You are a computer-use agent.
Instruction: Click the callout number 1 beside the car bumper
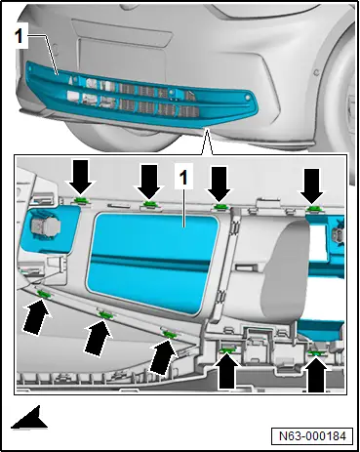pyautogui.click(x=19, y=36)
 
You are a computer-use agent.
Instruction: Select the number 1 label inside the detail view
pyautogui.click(x=183, y=178)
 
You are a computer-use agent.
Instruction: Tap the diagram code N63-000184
pyautogui.click(x=312, y=436)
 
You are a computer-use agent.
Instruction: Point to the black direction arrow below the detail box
pyautogui.click(x=30, y=418)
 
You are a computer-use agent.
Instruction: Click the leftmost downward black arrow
pyautogui.click(x=81, y=177)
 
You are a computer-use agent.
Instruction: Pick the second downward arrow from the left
pyautogui.click(x=149, y=182)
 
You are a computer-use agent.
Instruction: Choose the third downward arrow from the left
pyautogui.click(x=220, y=184)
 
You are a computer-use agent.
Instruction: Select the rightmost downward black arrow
pyautogui.click(x=311, y=185)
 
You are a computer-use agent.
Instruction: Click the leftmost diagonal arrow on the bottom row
pyautogui.click(x=36, y=316)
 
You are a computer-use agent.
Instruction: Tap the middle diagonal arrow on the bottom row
pyautogui.click(x=98, y=338)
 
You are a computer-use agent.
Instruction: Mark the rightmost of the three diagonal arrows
pyautogui.click(x=164, y=355)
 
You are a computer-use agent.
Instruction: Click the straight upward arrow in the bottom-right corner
pyautogui.click(x=316, y=374)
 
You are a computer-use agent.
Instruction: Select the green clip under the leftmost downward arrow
pyautogui.click(x=80, y=201)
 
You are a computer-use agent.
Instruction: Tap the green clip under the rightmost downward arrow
pyautogui.click(x=313, y=209)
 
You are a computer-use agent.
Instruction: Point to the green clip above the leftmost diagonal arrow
pyautogui.click(x=44, y=295)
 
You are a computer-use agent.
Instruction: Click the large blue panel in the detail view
pyautogui.click(x=152, y=263)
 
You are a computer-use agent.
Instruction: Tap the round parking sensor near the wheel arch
pyautogui.click(x=315, y=72)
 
